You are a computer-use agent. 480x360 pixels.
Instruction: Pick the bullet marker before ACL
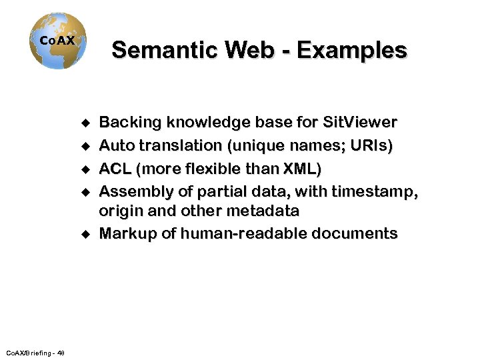click(x=85, y=168)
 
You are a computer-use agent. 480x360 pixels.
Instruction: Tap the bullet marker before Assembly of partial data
click(x=85, y=191)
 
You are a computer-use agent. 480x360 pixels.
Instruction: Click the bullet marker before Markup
click(x=85, y=234)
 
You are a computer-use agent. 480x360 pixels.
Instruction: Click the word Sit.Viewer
click(x=360, y=123)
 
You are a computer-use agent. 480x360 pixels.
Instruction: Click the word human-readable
click(x=244, y=234)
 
